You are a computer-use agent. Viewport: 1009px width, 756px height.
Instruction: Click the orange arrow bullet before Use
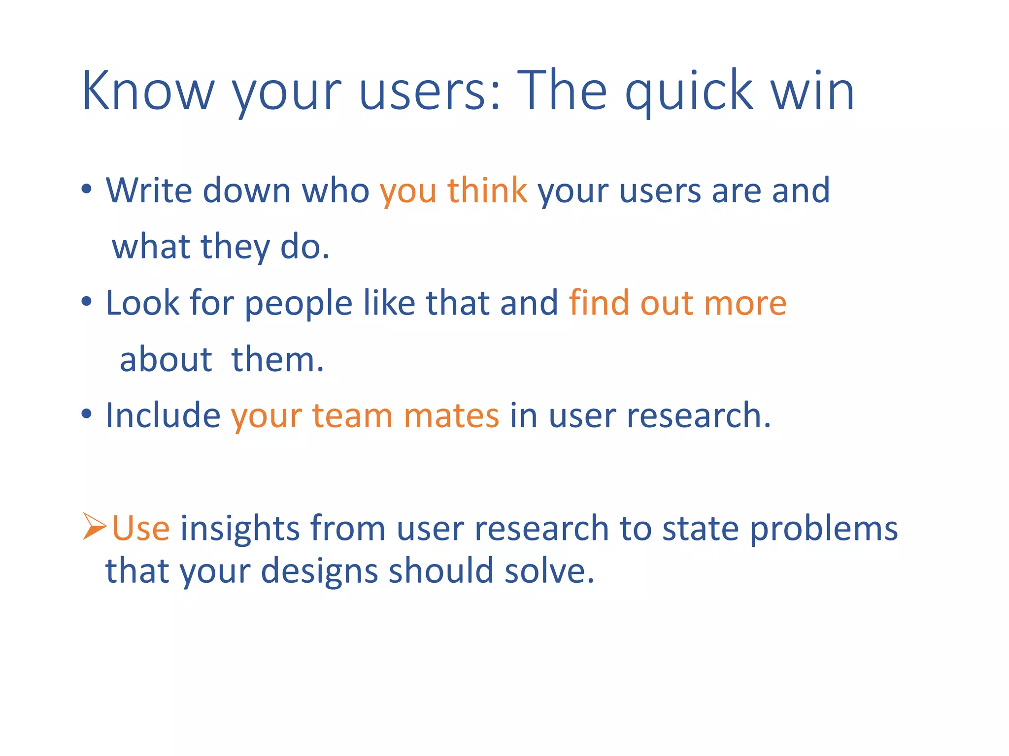[x=95, y=527]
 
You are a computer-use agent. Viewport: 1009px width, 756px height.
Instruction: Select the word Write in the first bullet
[x=149, y=190]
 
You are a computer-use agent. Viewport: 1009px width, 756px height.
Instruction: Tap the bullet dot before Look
[x=87, y=302]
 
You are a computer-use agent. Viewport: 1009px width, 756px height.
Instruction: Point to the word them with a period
[x=277, y=359]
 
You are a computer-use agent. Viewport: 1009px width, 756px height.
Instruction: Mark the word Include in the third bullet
[x=163, y=415]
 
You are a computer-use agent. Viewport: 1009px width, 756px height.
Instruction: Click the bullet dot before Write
[x=87, y=189]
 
